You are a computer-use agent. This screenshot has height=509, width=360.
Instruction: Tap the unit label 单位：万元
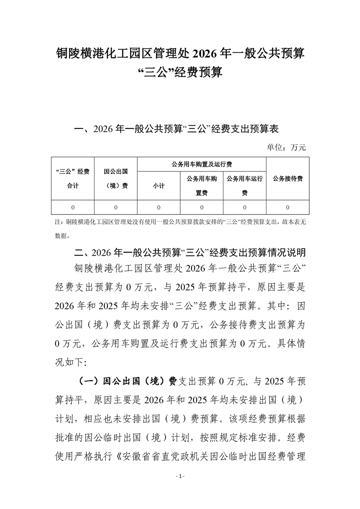[286, 147]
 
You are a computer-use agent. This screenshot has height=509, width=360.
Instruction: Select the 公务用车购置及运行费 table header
[201, 164]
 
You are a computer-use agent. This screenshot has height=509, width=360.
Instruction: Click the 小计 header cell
[159, 186]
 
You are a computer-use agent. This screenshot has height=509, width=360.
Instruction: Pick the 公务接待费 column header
[288, 178]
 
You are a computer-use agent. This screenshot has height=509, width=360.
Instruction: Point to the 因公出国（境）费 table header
[116, 178]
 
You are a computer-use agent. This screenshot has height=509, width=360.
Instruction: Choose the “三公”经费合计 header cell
[73, 178]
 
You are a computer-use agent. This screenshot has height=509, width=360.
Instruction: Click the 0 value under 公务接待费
[288, 207]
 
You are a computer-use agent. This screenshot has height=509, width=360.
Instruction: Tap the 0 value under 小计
[159, 207]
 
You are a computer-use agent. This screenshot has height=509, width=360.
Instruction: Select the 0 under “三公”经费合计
[73, 207]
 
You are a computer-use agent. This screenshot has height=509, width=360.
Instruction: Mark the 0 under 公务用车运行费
[245, 207]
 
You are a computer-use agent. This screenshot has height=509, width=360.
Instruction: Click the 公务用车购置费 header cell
[202, 186]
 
